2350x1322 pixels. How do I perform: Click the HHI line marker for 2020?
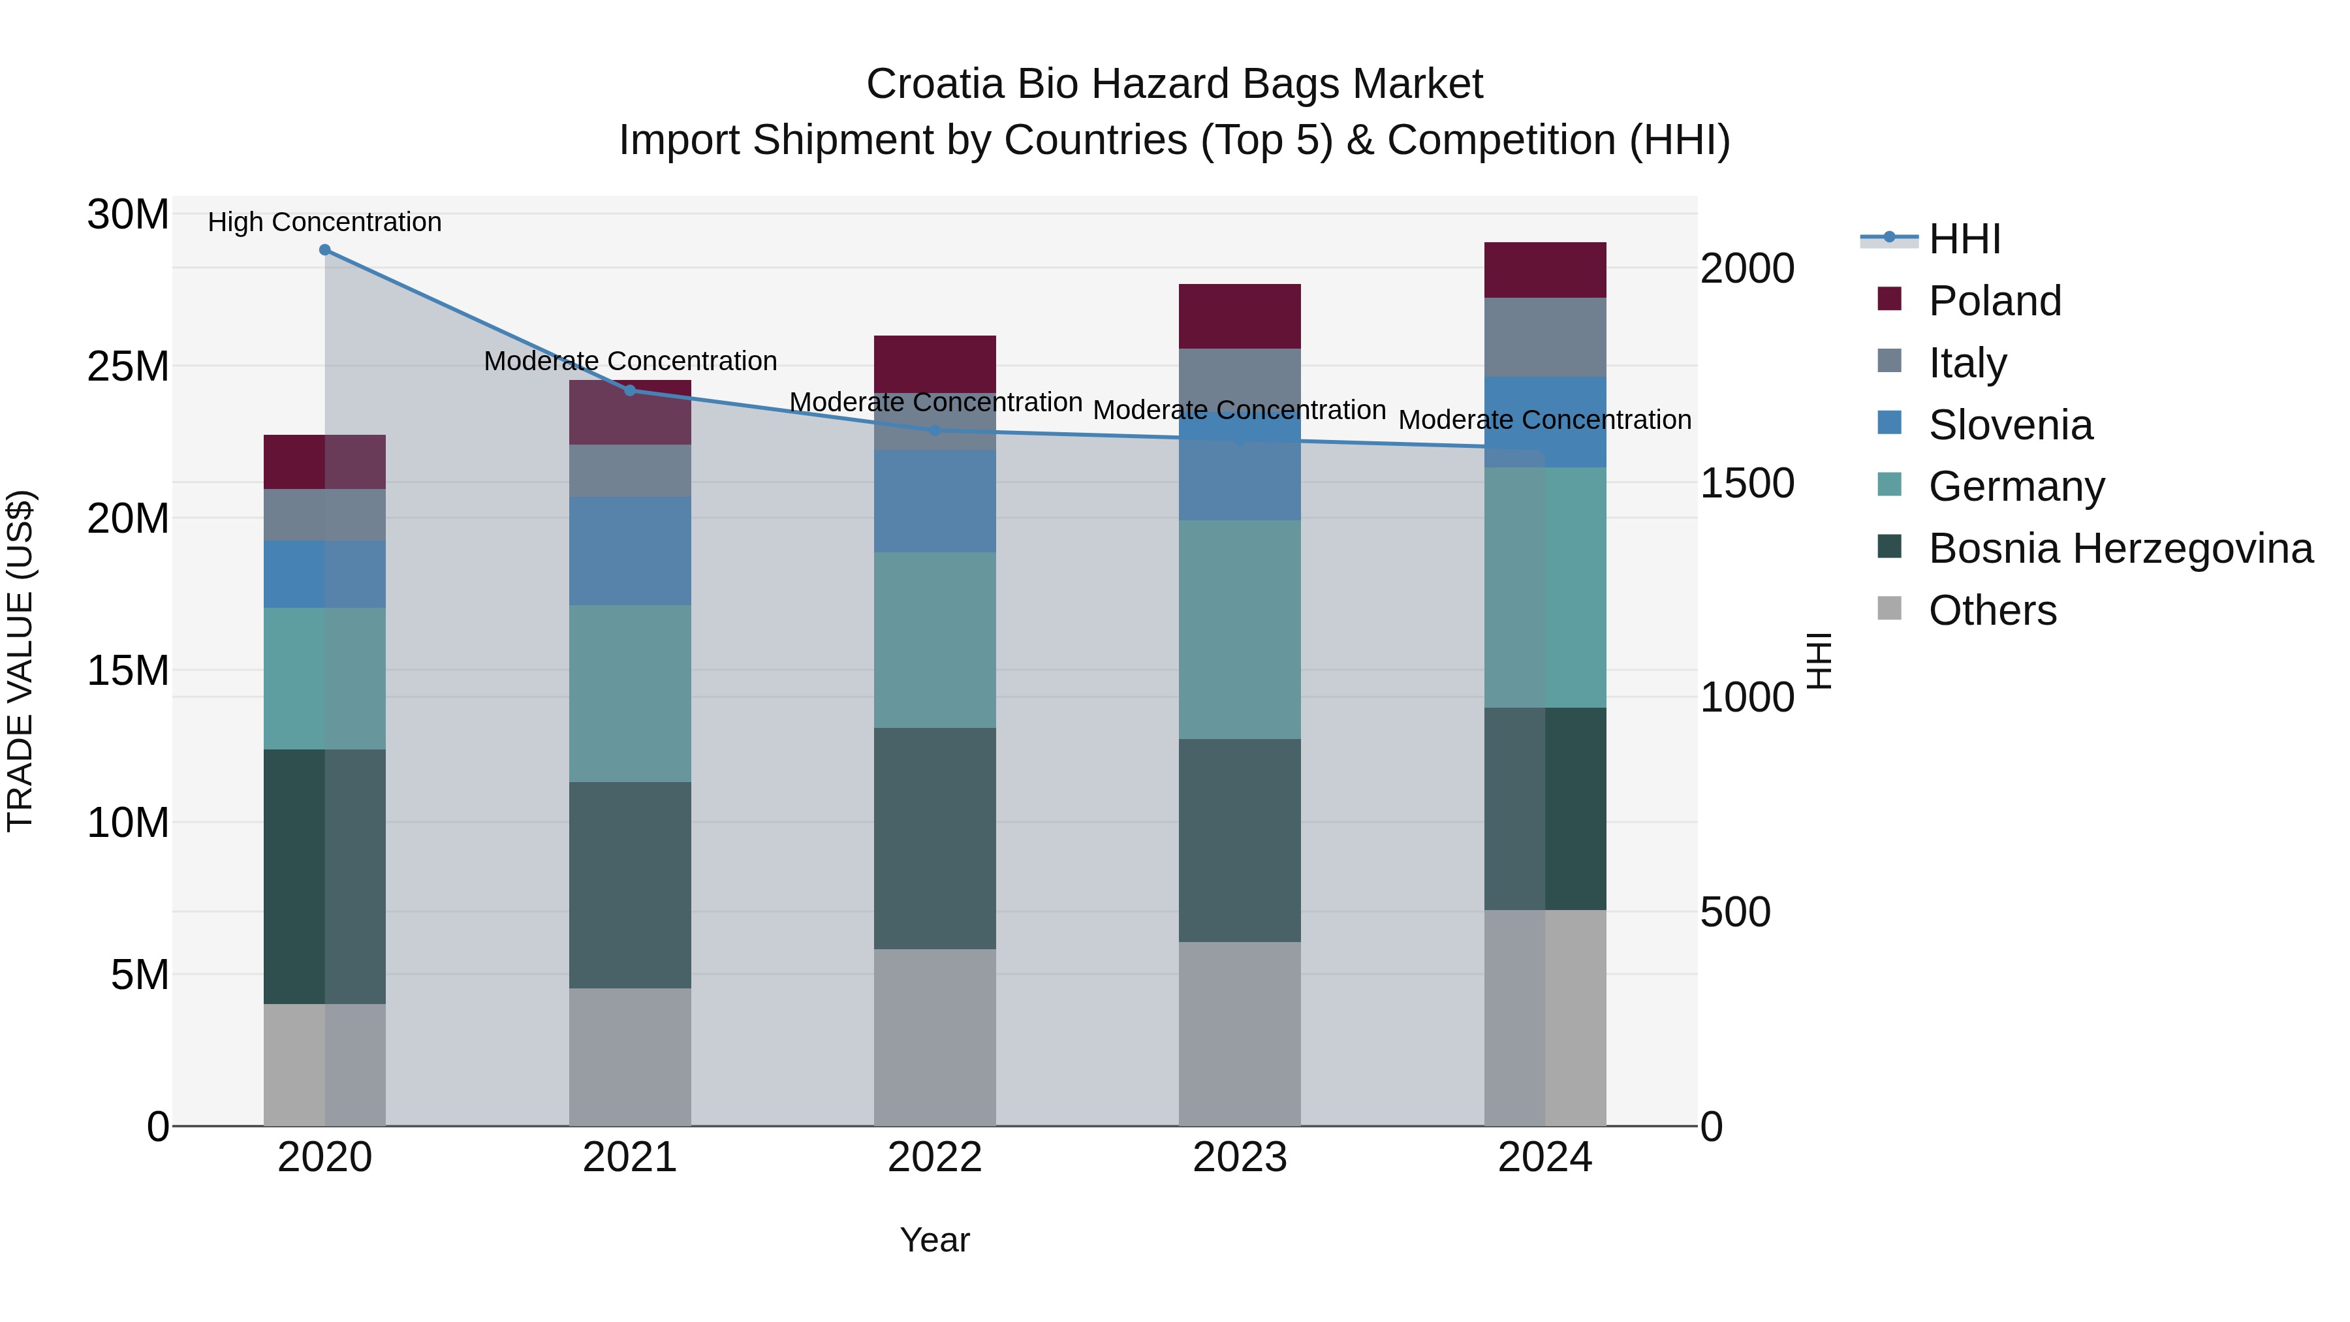pyautogui.click(x=325, y=250)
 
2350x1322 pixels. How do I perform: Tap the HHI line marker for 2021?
pyautogui.click(x=629, y=390)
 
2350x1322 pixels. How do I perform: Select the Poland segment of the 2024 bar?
pyautogui.click(x=1544, y=270)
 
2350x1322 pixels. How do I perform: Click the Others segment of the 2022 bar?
pyautogui.click(x=934, y=1037)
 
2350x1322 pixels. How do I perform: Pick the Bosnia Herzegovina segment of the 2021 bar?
pyautogui.click(x=629, y=885)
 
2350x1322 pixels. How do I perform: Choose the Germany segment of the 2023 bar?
pyautogui.click(x=1239, y=629)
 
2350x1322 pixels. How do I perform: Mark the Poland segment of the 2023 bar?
pyautogui.click(x=1239, y=316)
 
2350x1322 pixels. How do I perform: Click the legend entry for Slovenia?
pyautogui.click(x=2010, y=424)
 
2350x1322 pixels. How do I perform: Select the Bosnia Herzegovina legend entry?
pyautogui.click(x=2120, y=548)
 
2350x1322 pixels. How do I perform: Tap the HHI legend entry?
pyautogui.click(x=1964, y=239)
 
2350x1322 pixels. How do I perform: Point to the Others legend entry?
pyautogui.click(x=1992, y=610)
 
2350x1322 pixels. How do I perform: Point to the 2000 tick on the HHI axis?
pyautogui.click(x=1747, y=268)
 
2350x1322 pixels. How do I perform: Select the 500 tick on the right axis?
pyautogui.click(x=1735, y=911)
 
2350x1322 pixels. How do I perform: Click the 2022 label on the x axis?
pyautogui.click(x=934, y=1157)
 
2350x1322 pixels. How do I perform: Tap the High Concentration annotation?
pyautogui.click(x=325, y=222)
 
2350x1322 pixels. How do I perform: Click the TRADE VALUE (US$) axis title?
pyautogui.click(x=20, y=661)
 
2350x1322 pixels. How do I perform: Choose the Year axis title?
pyautogui.click(x=934, y=1240)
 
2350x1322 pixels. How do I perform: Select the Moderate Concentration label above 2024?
pyautogui.click(x=1544, y=420)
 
